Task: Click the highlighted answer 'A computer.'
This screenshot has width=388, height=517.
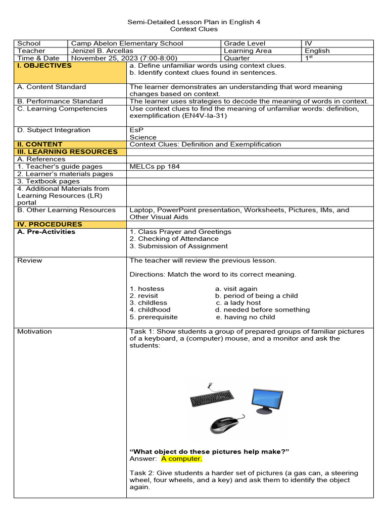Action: tap(181, 458)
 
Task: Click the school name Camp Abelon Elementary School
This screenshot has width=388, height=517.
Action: tap(127, 43)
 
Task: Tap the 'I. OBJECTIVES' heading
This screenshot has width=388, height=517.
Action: tap(44, 66)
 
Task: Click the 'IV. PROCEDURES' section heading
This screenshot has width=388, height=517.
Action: tap(50, 224)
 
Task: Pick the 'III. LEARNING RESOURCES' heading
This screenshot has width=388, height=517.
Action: tap(67, 151)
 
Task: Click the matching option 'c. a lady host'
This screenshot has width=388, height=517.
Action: tap(238, 303)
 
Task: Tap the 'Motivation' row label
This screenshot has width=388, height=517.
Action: tap(34, 332)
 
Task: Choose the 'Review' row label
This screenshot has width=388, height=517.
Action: tap(30, 261)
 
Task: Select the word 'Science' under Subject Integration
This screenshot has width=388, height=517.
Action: tap(143, 137)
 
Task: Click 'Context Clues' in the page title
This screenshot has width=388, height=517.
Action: tap(193, 29)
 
